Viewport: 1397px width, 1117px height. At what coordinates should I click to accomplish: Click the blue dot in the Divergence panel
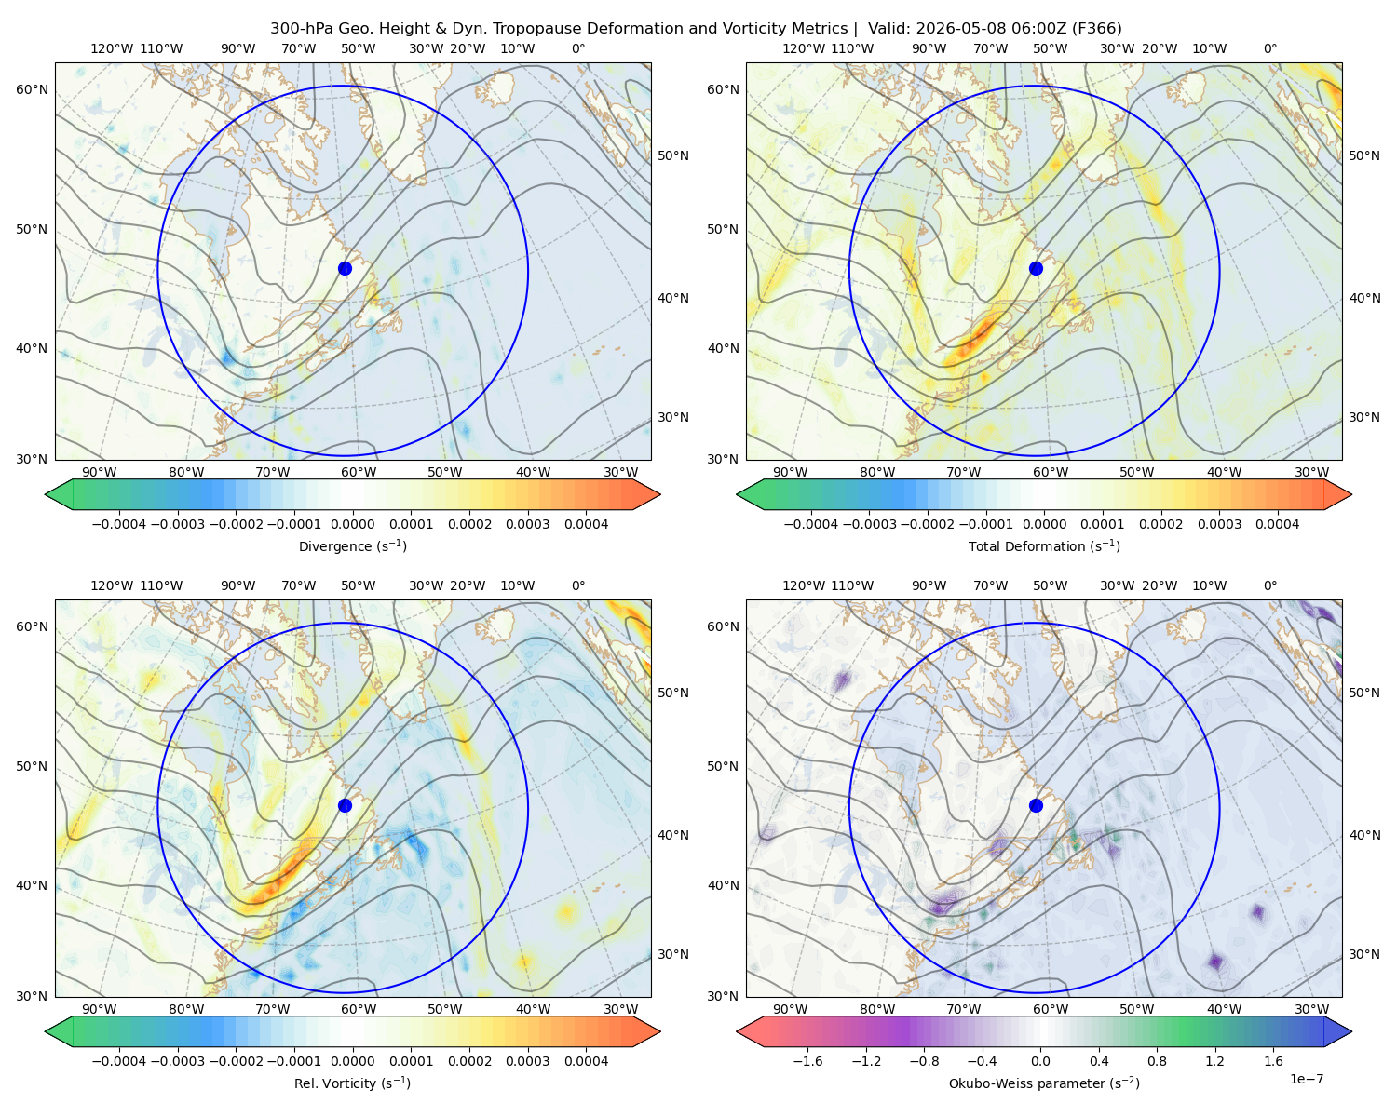click(345, 268)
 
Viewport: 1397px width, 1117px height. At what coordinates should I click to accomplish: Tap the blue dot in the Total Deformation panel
click(1036, 268)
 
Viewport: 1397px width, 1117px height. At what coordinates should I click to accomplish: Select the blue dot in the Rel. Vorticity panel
click(345, 805)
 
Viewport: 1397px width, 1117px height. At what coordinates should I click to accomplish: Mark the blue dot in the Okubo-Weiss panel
click(1036, 805)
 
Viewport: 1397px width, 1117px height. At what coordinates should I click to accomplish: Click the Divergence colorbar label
click(352, 546)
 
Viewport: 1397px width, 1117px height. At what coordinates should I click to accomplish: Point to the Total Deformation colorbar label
click(1044, 546)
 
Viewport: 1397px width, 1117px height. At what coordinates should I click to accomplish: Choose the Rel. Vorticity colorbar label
click(352, 1083)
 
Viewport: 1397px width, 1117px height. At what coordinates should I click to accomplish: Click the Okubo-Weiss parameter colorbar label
click(1044, 1083)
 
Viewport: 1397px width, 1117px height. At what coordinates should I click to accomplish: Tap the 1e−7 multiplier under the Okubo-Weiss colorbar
click(1306, 1079)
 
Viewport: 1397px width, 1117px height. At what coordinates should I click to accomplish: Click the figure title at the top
click(696, 29)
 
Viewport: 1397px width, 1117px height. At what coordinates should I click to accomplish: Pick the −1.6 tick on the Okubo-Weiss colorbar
click(807, 1061)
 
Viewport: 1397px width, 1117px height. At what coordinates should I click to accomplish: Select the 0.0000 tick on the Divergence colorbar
click(352, 524)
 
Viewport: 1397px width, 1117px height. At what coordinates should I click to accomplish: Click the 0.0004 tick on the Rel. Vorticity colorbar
click(586, 1061)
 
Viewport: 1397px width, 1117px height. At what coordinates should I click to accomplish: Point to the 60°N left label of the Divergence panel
click(32, 89)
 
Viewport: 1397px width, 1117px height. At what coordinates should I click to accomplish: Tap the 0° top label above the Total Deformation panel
click(1269, 48)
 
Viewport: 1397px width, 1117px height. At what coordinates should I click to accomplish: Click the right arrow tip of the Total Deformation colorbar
click(1351, 494)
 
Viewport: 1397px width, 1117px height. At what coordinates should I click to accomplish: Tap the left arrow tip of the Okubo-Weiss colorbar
click(737, 1031)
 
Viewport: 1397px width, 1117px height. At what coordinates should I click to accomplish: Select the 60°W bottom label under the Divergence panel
click(359, 473)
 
